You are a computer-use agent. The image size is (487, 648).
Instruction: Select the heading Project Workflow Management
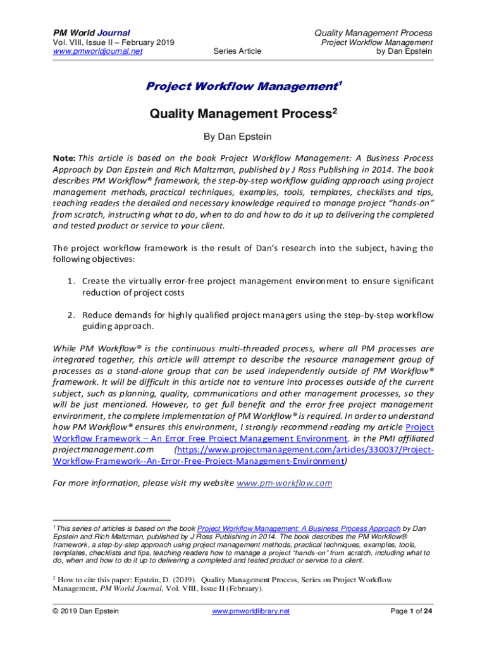point(241,85)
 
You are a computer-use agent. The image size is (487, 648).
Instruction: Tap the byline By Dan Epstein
point(244,136)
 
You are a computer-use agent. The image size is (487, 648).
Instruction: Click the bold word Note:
point(64,158)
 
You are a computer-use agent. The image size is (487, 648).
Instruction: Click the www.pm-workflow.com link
point(284,483)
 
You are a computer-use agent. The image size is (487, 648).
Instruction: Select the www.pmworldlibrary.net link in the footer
point(250,611)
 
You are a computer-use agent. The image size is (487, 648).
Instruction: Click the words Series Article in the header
point(237,51)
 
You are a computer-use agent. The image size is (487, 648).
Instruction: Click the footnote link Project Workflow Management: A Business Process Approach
point(299,528)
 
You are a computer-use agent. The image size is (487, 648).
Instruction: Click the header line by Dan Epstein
point(404,51)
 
